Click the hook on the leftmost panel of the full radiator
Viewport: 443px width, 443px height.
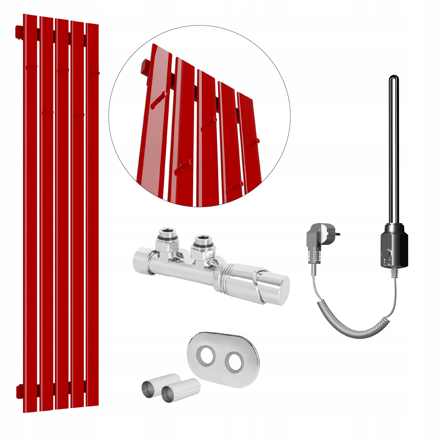[x=31, y=67]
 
